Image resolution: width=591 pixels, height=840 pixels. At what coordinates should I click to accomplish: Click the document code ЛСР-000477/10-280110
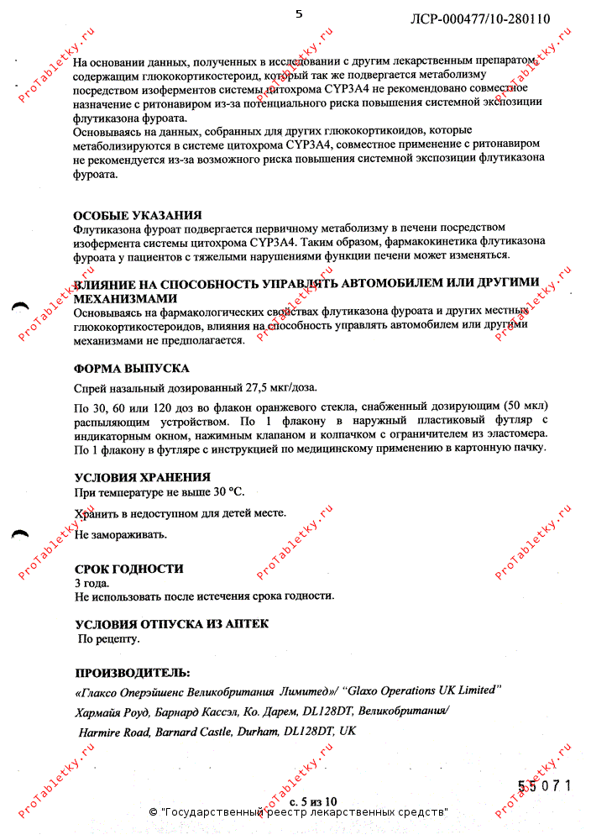(x=480, y=19)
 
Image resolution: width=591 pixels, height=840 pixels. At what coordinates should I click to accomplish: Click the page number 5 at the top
(x=298, y=13)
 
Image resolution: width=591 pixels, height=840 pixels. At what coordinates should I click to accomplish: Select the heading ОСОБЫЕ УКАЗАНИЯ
(x=138, y=216)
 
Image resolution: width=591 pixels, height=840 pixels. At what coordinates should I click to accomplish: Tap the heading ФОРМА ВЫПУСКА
(x=132, y=369)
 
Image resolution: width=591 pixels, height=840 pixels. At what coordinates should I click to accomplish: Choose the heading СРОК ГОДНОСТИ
(x=129, y=569)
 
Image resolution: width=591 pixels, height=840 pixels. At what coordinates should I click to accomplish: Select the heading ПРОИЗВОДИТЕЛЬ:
(x=133, y=673)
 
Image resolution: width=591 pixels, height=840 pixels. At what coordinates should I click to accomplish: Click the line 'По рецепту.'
(x=109, y=638)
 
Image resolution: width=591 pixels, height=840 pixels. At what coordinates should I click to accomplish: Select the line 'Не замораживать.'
(x=121, y=534)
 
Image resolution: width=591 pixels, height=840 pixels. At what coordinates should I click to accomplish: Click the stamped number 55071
(x=544, y=786)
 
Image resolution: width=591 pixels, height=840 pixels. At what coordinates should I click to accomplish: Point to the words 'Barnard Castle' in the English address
(x=193, y=732)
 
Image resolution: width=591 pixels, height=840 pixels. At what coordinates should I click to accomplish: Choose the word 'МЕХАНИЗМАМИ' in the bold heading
(x=126, y=297)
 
